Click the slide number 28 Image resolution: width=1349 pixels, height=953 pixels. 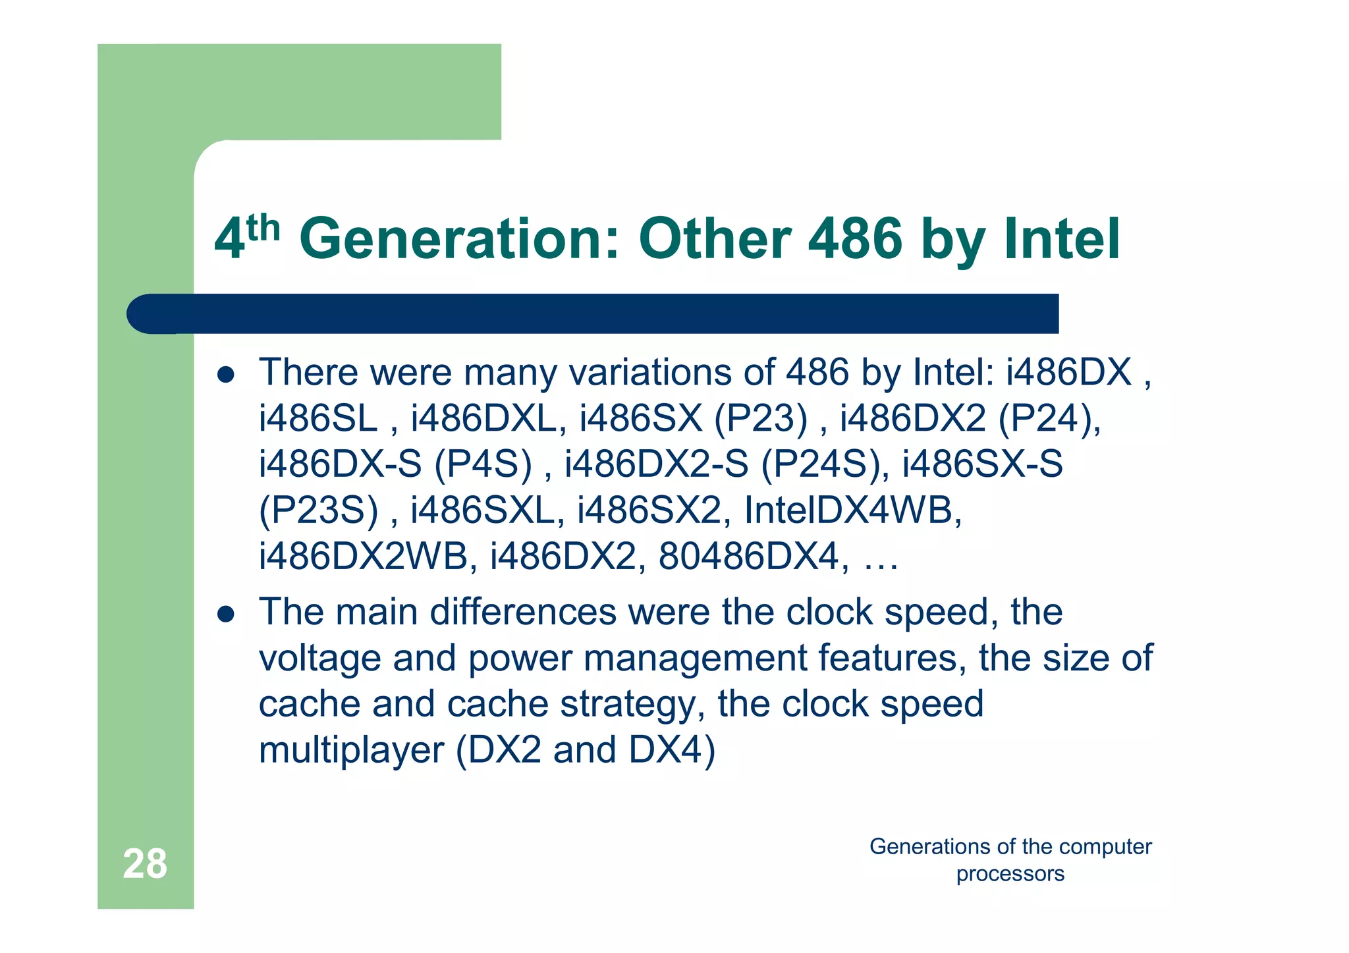[145, 863]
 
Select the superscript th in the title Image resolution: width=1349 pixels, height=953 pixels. [263, 228]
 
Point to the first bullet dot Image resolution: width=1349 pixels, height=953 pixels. [226, 375]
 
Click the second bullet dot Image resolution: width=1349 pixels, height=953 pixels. [226, 614]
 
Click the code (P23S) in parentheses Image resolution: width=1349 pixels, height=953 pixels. [319, 510]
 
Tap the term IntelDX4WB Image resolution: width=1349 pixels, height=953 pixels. [853, 510]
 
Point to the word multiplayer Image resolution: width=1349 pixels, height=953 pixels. [352, 750]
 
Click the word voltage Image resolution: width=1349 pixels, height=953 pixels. [320, 659]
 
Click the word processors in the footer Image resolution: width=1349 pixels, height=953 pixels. [1010, 874]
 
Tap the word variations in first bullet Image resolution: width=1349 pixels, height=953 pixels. [651, 372]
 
